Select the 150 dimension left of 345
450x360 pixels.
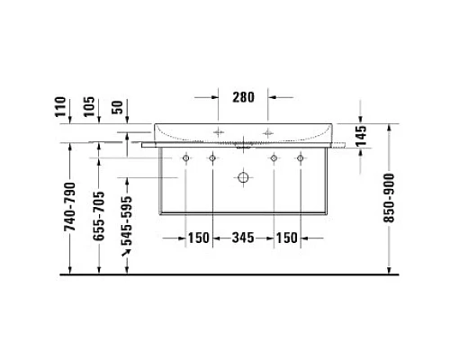[x=198, y=238]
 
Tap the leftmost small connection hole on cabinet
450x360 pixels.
[x=185, y=158]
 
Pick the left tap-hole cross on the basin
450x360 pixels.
[x=217, y=132]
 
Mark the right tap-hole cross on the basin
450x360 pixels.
[x=268, y=132]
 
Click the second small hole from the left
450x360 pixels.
[x=212, y=158]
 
